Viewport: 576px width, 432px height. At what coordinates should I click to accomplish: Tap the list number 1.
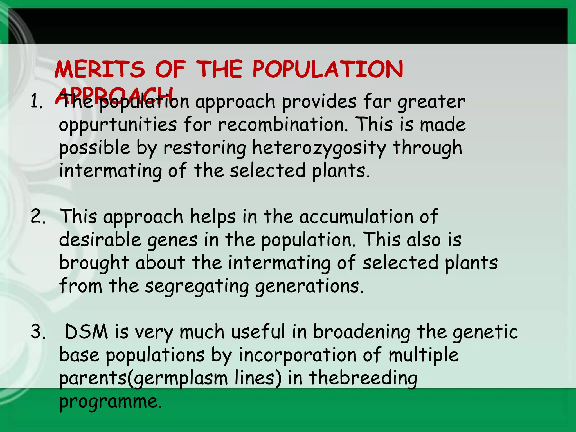37,102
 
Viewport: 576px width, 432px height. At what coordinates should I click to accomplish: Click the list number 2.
38,217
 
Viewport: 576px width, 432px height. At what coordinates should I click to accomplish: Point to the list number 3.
38,332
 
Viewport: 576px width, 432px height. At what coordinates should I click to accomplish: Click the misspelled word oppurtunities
118,125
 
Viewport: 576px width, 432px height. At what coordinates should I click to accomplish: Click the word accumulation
356,217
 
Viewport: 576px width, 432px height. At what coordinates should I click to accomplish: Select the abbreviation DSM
86,332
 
